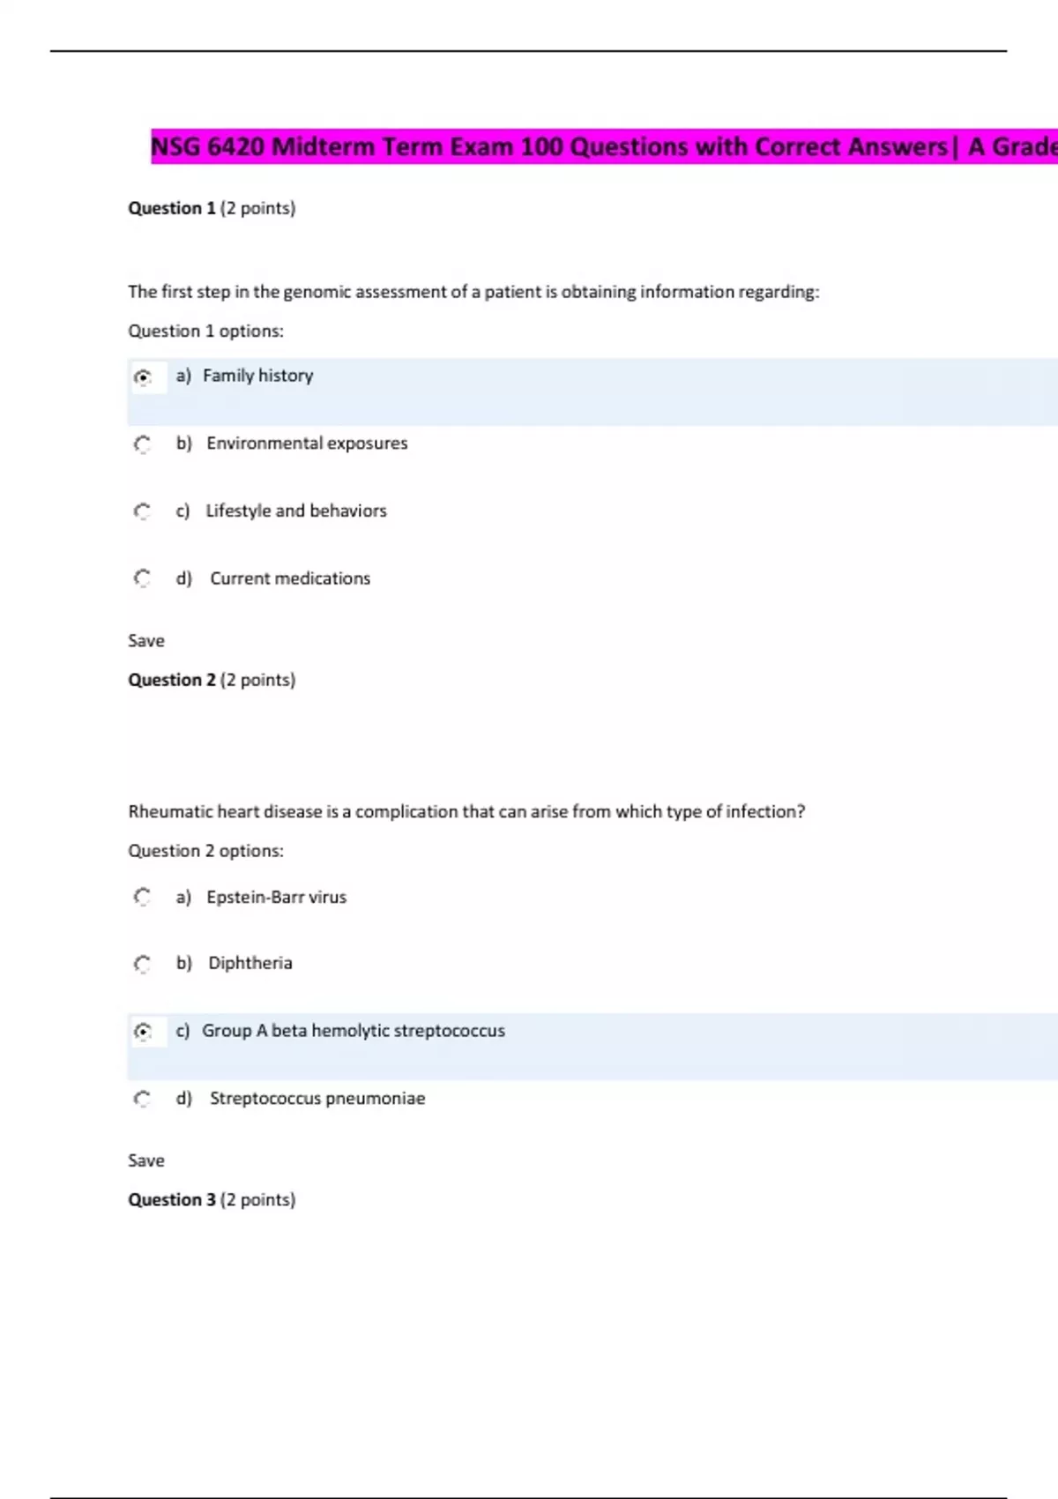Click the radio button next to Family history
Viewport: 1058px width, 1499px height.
tap(143, 377)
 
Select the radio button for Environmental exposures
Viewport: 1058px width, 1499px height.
tap(143, 444)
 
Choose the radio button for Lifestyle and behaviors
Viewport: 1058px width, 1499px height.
tap(143, 511)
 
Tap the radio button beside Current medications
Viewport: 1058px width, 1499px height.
tap(143, 578)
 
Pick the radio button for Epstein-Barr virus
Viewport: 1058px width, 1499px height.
tap(143, 897)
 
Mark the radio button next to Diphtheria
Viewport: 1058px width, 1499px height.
tap(143, 964)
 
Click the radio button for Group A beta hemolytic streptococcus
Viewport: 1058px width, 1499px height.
tap(143, 1031)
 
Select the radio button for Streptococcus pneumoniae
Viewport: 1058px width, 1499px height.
tap(143, 1099)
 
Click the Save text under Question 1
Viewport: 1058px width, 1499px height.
tap(146, 641)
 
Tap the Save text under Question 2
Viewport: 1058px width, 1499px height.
tap(146, 1160)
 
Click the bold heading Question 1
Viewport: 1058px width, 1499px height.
tap(172, 208)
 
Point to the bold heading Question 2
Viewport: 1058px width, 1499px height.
tap(172, 680)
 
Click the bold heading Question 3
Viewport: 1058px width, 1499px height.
tap(172, 1200)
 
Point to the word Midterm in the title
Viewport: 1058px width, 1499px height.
tap(323, 146)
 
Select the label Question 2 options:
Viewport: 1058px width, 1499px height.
tap(205, 851)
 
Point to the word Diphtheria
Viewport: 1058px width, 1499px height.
tap(250, 963)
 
